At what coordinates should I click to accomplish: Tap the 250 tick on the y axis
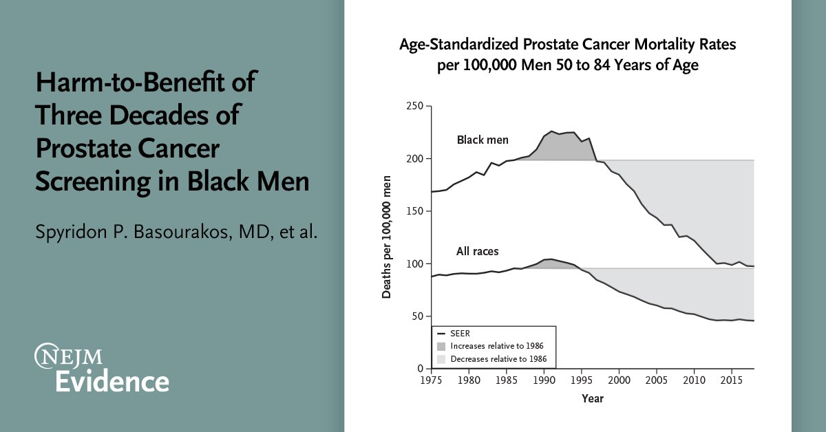coord(415,106)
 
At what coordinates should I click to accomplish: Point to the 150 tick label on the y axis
coord(415,211)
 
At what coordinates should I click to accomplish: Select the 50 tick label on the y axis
coord(418,316)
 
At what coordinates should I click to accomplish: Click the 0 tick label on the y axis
coord(421,369)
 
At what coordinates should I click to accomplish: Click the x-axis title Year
coord(592,398)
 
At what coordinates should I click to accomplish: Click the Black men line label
coord(483,140)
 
